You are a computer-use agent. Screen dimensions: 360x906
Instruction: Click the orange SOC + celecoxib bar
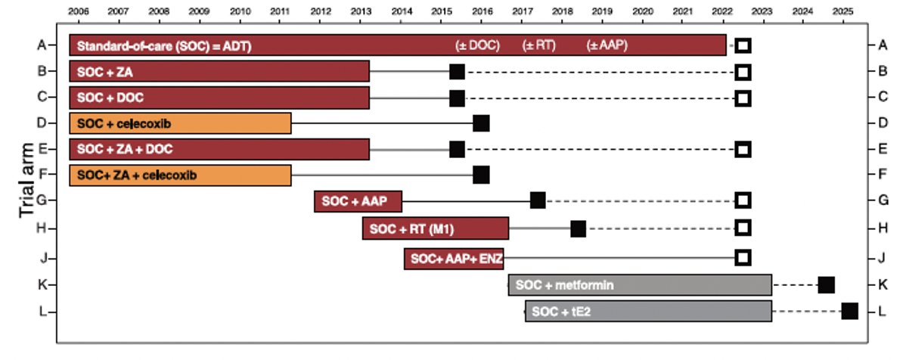coord(180,123)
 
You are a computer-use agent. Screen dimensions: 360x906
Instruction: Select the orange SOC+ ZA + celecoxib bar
coord(180,175)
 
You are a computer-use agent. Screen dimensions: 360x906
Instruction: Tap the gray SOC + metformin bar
coord(640,285)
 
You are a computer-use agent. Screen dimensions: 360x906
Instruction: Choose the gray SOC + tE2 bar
coord(649,312)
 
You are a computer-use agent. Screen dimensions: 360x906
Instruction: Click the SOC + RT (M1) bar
coord(436,228)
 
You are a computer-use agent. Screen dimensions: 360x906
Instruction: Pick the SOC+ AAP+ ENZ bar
coord(454,258)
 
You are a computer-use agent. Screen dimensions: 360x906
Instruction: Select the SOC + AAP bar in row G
coord(358,201)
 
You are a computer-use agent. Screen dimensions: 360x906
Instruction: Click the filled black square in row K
coord(826,285)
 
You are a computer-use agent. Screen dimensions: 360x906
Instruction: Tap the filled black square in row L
coord(849,311)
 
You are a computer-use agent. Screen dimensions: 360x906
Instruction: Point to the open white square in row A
coord(743,46)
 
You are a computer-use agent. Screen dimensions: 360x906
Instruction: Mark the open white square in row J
coord(743,258)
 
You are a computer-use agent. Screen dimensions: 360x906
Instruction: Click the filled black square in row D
coord(481,123)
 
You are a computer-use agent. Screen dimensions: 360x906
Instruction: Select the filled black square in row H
coord(578,228)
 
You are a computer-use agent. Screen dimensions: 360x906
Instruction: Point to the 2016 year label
coord(481,12)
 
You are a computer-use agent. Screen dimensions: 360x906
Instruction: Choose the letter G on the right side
coord(882,200)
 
